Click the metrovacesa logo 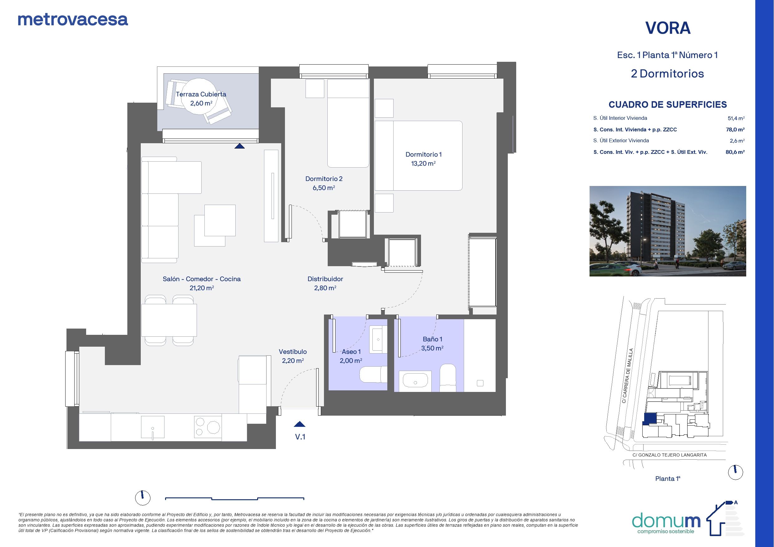[73, 20]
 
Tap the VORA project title [668, 28]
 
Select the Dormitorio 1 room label [424, 154]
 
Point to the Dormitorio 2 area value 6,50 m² [324, 188]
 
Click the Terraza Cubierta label [201, 94]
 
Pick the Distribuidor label [325, 279]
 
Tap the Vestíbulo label [293, 352]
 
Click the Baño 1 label [433, 339]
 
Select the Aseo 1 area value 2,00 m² [351, 361]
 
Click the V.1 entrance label [300, 437]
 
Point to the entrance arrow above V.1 [299, 424]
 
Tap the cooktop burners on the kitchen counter [208, 427]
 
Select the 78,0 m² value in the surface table [735, 129]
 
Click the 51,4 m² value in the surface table [736, 118]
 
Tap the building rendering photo [668, 231]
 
